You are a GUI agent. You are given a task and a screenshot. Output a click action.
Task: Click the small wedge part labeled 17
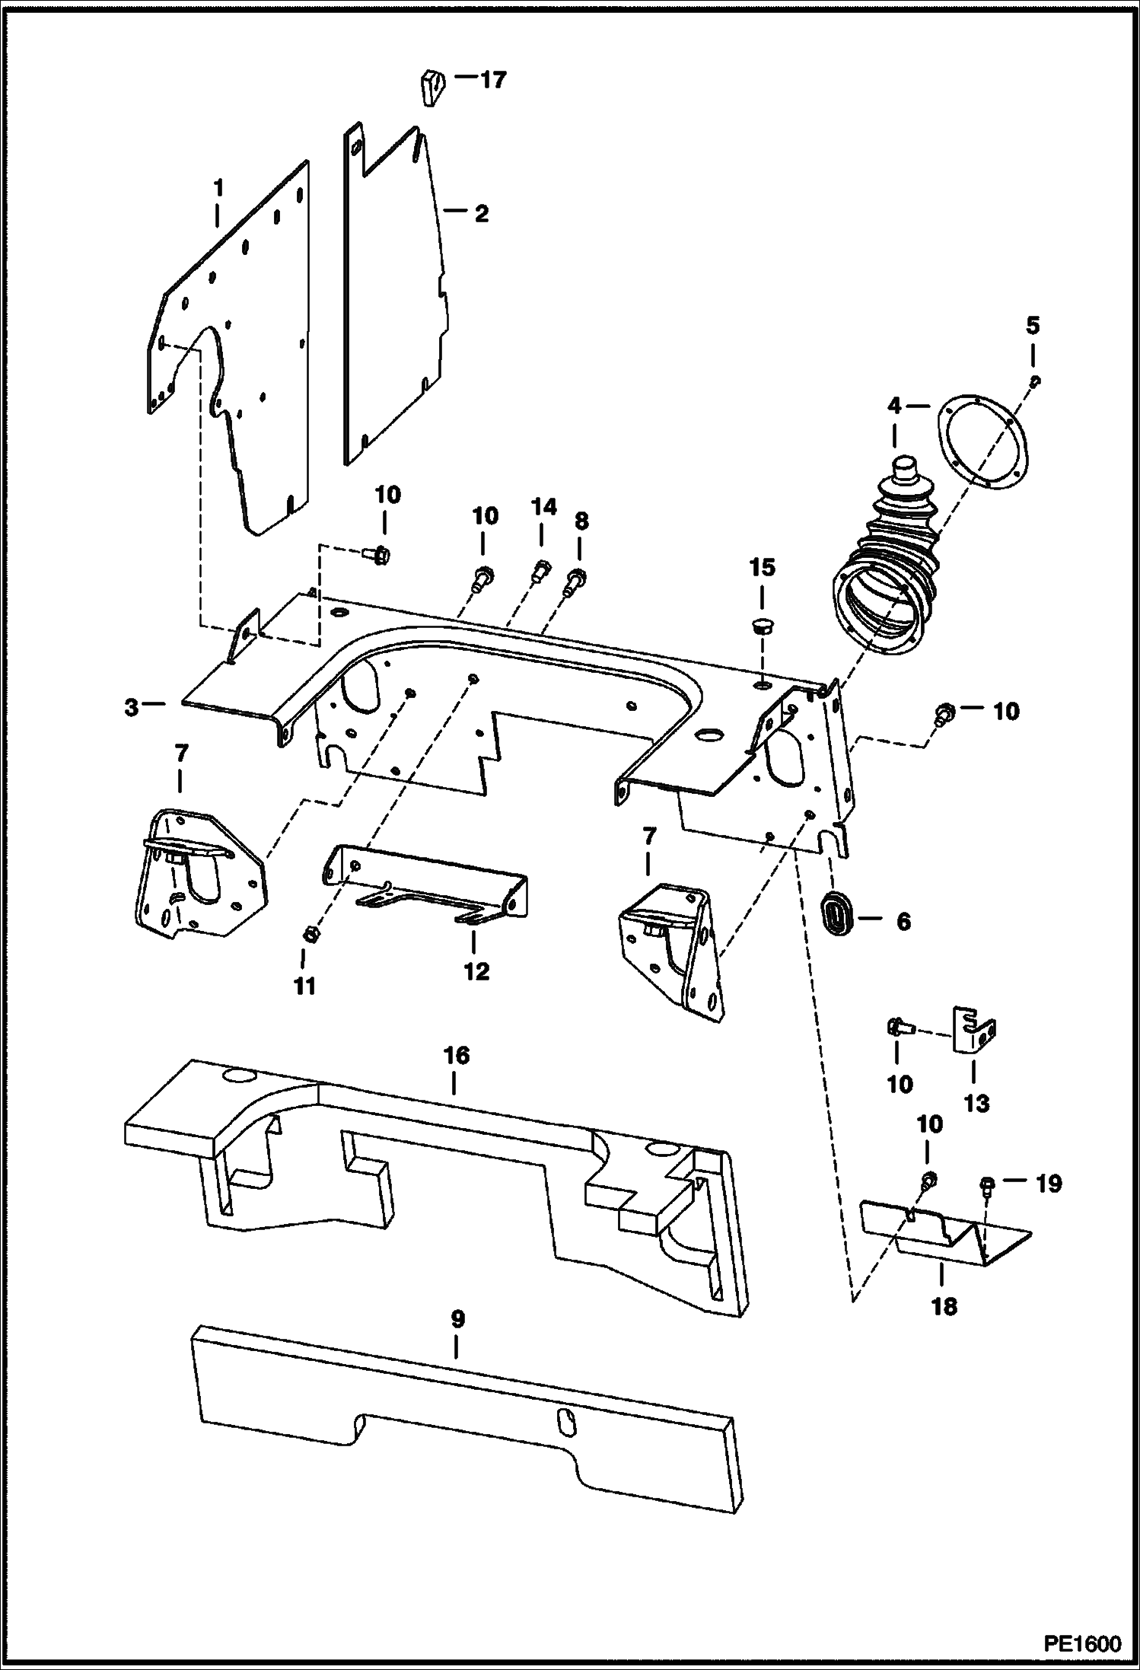431,87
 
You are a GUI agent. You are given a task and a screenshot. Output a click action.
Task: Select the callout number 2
481,214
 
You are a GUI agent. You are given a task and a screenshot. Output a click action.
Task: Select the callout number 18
944,1307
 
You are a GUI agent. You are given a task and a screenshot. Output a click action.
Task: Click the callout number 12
476,972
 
